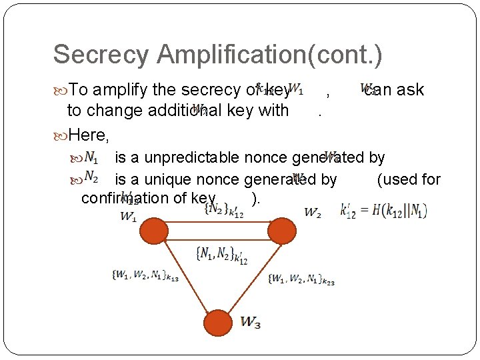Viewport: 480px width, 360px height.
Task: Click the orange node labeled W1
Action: coord(153,231)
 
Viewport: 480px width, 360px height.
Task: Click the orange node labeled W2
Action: coord(282,231)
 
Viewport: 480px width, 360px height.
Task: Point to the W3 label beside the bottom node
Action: coord(251,323)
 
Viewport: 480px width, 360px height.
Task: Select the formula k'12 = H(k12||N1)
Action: coord(383,210)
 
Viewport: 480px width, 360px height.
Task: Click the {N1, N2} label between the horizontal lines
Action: coord(221,254)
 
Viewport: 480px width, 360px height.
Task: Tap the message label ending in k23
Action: coord(301,279)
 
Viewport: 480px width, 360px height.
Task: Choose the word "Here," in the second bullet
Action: coord(89,135)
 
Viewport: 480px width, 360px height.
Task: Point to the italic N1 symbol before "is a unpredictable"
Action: coord(91,158)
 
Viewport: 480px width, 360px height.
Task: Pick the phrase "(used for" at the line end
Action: coord(409,179)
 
